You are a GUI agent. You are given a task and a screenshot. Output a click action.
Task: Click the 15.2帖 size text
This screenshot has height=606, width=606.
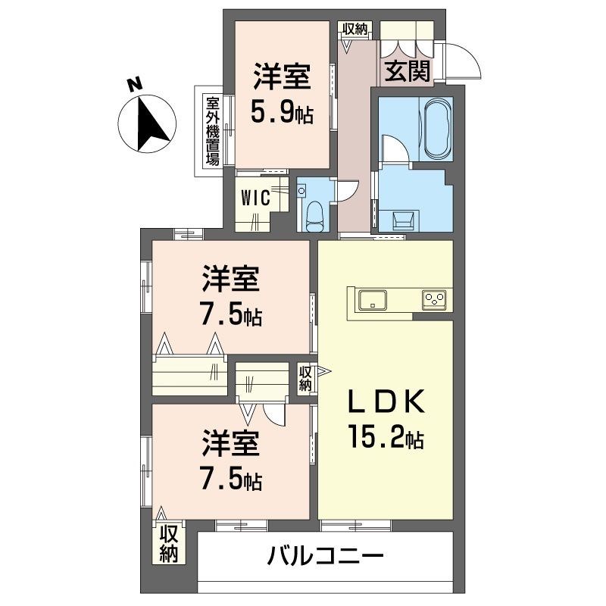[386, 437]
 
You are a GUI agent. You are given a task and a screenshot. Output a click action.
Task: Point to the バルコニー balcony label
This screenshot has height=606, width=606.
[325, 558]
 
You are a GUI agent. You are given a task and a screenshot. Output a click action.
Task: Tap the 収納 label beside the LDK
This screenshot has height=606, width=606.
[305, 378]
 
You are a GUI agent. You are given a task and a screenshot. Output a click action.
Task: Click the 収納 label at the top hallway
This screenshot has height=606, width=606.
[355, 29]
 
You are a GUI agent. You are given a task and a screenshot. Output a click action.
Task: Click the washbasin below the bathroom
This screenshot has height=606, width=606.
[402, 220]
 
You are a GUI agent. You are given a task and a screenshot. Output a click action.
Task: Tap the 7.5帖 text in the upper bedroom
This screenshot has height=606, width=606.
[231, 314]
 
